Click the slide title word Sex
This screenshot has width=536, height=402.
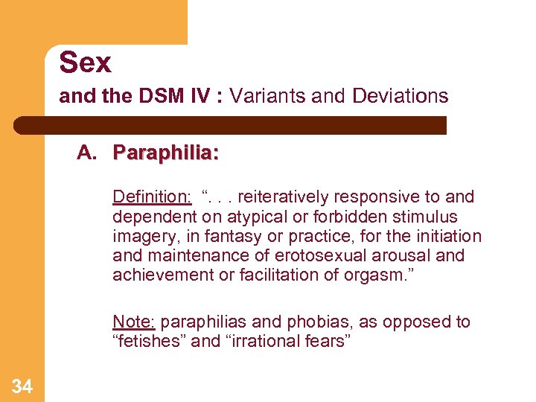pos(85,63)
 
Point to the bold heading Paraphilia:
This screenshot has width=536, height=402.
pos(165,153)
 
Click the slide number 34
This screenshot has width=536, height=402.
pos(22,386)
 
